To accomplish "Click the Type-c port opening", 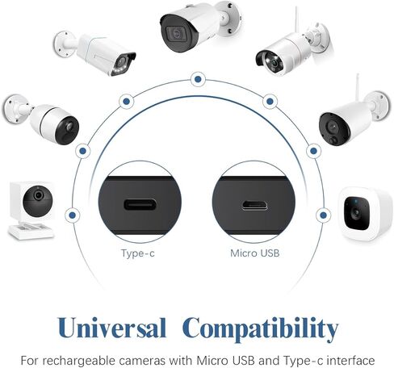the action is pos(140,205).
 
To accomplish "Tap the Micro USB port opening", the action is pos(254,205).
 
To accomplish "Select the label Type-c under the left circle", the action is pos(138,253).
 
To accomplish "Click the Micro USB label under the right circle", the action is pos(255,253).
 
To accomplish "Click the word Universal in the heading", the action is pos(111,328).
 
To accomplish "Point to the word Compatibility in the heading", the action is pos(260,329).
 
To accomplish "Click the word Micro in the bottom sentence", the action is pos(211,360).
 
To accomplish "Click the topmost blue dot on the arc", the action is pos(198,79).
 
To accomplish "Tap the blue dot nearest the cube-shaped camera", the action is pos(72,215).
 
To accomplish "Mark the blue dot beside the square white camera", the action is pos(324,215).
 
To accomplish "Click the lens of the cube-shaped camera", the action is pos(38,195).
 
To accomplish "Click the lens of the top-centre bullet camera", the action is pos(177,34).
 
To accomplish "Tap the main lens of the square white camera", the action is pos(357,213).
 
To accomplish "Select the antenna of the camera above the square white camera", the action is pos(357,86).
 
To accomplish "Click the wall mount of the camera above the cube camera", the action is pos(14,109).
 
